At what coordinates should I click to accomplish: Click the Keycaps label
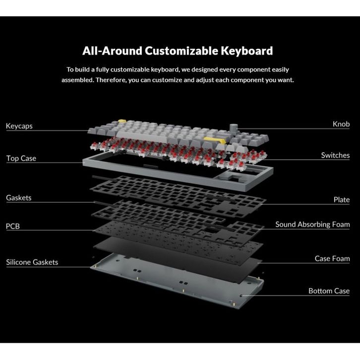pyautogui.click(x=19, y=126)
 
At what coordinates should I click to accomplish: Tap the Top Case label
pyautogui.click(x=21, y=159)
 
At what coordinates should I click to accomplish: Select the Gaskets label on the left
pyautogui.click(x=19, y=198)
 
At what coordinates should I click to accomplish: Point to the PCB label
pyautogui.click(x=13, y=227)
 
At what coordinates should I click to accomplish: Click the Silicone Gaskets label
pyautogui.click(x=32, y=262)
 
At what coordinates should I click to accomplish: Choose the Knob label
pyautogui.click(x=341, y=124)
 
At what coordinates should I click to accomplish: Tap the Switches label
pyautogui.click(x=335, y=155)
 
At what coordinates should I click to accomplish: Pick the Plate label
pyautogui.click(x=342, y=200)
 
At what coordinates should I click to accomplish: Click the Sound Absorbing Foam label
pyautogui.click(x=312, y=225)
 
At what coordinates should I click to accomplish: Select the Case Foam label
pyautogui.click(x=332, y=258)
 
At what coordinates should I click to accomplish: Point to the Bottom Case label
pyautogui.click(x=329, y=291)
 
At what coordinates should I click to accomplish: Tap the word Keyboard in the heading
pyautogui.click(x=248, y=51)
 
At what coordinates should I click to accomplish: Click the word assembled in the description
pyautogui.click(x=76, y=80)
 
